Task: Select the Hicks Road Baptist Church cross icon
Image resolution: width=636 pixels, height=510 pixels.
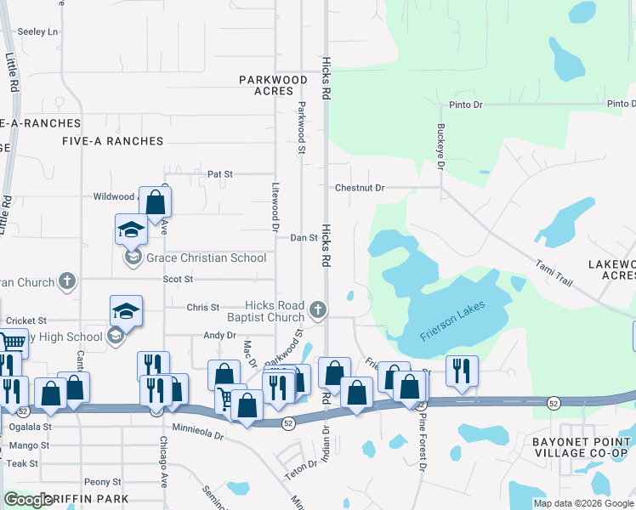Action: [x=318, y=310]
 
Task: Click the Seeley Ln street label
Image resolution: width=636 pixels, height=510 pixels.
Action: [x=37, y=32]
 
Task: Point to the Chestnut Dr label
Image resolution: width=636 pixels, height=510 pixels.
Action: [x=360, y=188]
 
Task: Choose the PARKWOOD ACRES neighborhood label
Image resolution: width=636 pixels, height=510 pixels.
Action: [x=273, y=85]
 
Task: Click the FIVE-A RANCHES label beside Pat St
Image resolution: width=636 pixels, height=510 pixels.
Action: [x=112, y=141]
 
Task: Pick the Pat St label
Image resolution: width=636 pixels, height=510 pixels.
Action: [x=220, y=174]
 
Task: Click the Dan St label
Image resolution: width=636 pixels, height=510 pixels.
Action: [x=304, y=239]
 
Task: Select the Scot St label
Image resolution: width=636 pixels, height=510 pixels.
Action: [x=179, y=279]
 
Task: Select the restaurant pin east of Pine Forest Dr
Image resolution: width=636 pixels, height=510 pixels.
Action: [x=462, y=371]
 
